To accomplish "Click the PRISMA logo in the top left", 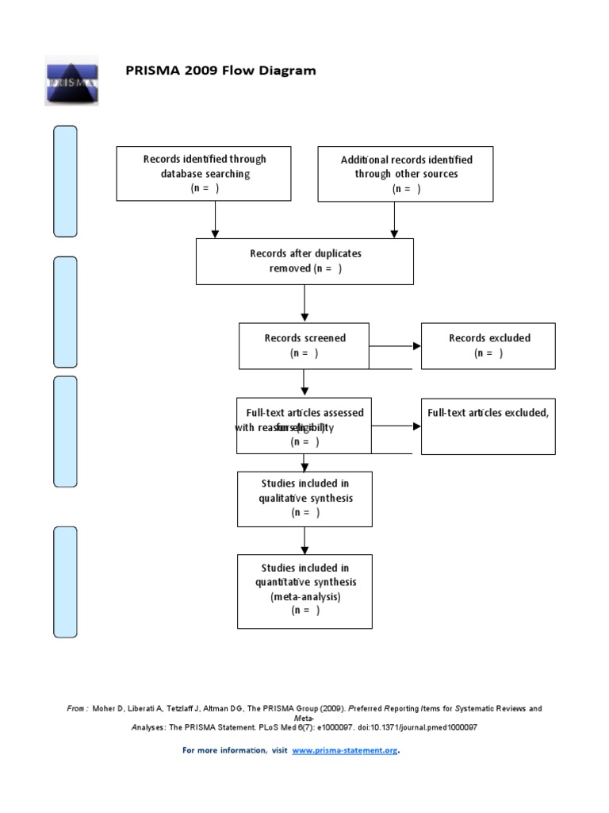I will (70, 81).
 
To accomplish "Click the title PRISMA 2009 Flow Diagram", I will (220, 71).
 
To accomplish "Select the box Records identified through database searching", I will (204, 173).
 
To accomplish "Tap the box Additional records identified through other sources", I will (405, 173).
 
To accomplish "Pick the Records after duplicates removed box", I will (304, 261).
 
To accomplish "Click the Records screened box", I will (304, 345).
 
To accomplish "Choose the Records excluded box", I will (488, 345).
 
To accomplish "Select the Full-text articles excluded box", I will (488, 426).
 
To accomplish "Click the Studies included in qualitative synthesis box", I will (304, 499).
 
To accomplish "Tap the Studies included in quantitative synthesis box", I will (304, 591).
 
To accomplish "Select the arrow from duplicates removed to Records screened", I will (304, 303).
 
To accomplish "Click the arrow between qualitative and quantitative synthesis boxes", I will (304, 541).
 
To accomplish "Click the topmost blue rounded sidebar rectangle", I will (65, 181).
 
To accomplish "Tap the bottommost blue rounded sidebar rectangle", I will (65, 581).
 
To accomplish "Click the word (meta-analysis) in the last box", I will (304, 596).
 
